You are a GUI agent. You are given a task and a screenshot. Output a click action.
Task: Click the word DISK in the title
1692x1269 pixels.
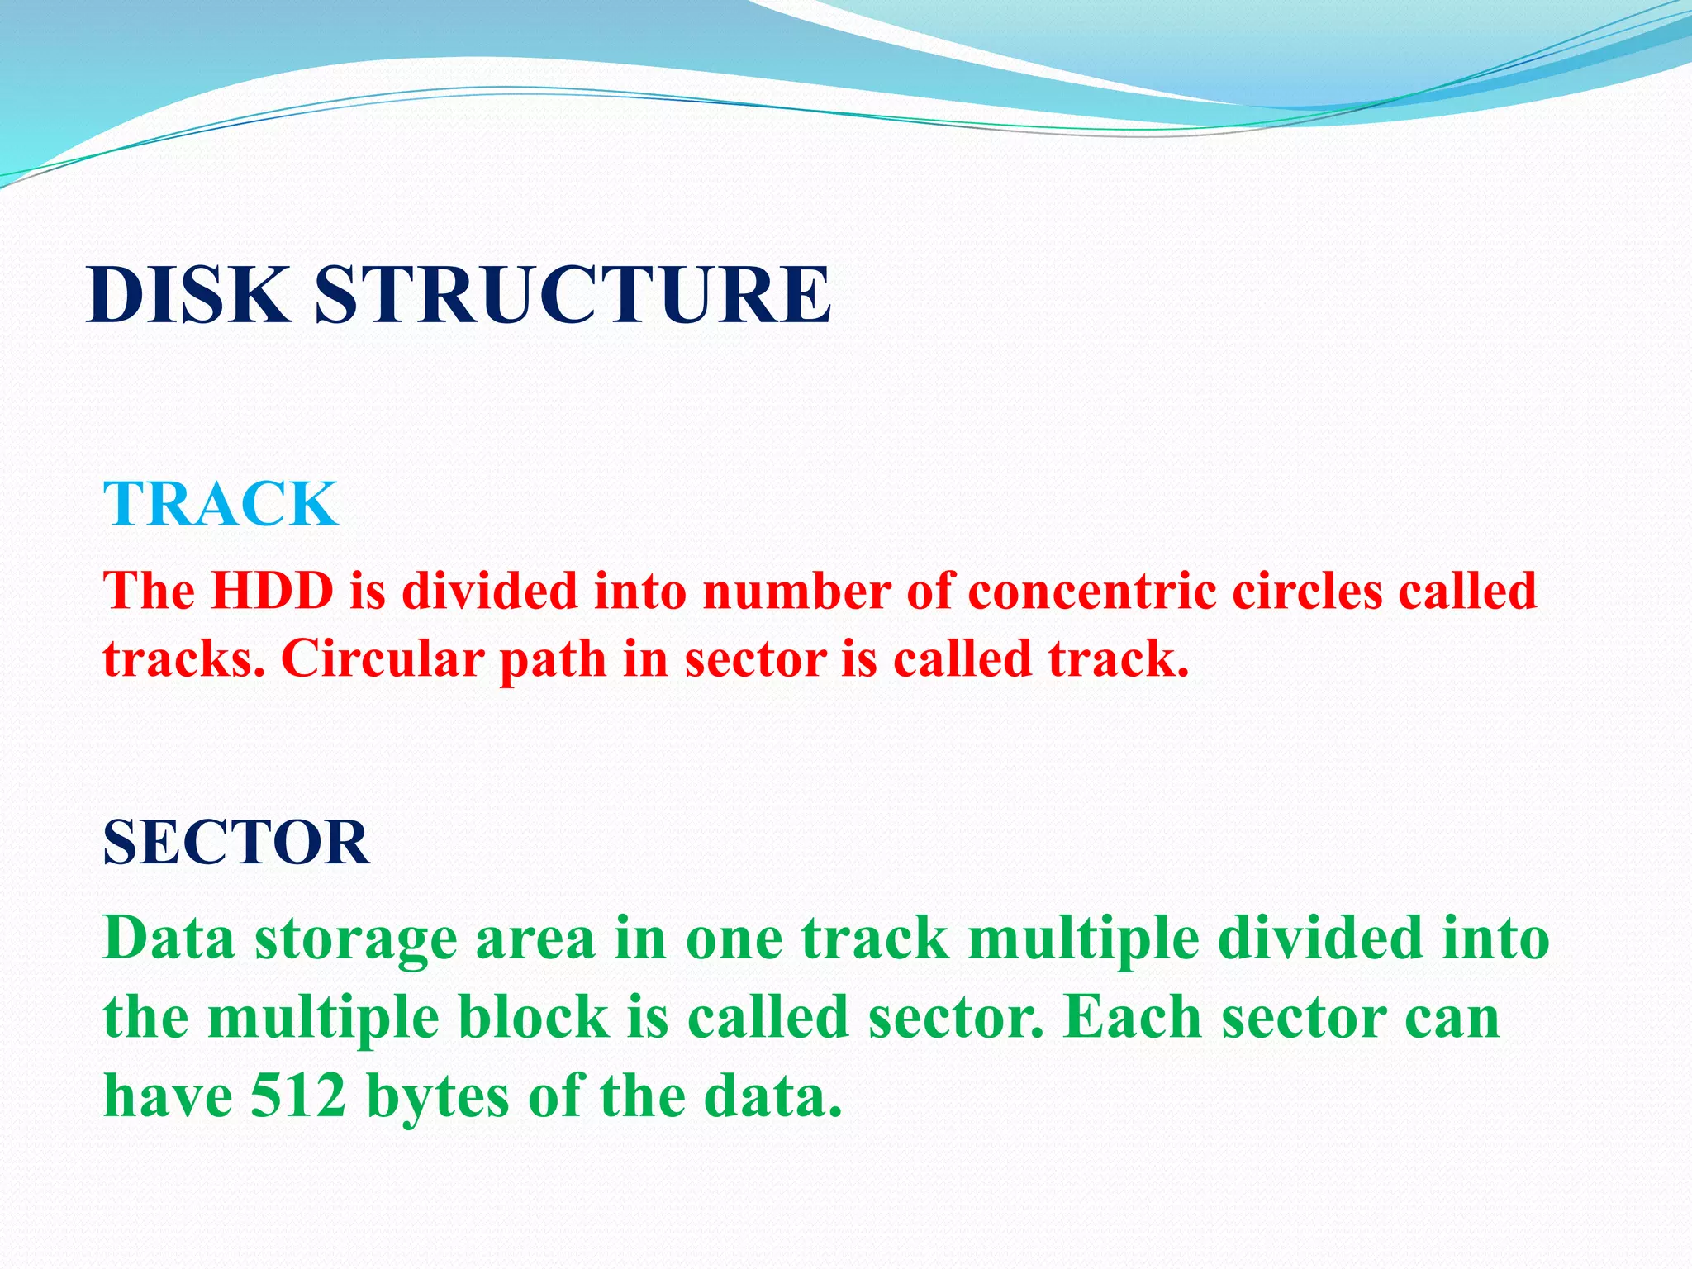coord(188,295)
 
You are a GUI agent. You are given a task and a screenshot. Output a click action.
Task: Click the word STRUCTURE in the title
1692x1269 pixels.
coord(573,295)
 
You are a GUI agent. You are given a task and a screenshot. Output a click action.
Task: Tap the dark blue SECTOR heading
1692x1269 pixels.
coord(236,843)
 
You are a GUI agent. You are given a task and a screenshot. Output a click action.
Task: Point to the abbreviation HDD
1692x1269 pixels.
coord(273,592)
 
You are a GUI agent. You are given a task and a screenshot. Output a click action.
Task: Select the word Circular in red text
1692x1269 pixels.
coord(383,659)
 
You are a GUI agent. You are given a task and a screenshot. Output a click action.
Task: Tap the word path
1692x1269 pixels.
coord(553,659)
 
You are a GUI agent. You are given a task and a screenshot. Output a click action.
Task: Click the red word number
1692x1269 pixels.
coord(796,592)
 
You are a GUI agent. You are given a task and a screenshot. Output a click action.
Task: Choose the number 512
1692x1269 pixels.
coord(298,1096)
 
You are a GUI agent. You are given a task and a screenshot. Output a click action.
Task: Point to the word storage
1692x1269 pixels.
coord(356,940)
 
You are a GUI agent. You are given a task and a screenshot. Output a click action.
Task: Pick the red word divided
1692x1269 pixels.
coord(490,592)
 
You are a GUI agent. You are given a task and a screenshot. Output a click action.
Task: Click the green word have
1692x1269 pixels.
coord(168,1096)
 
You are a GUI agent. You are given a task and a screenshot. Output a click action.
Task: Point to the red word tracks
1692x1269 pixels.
coord(184,659)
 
